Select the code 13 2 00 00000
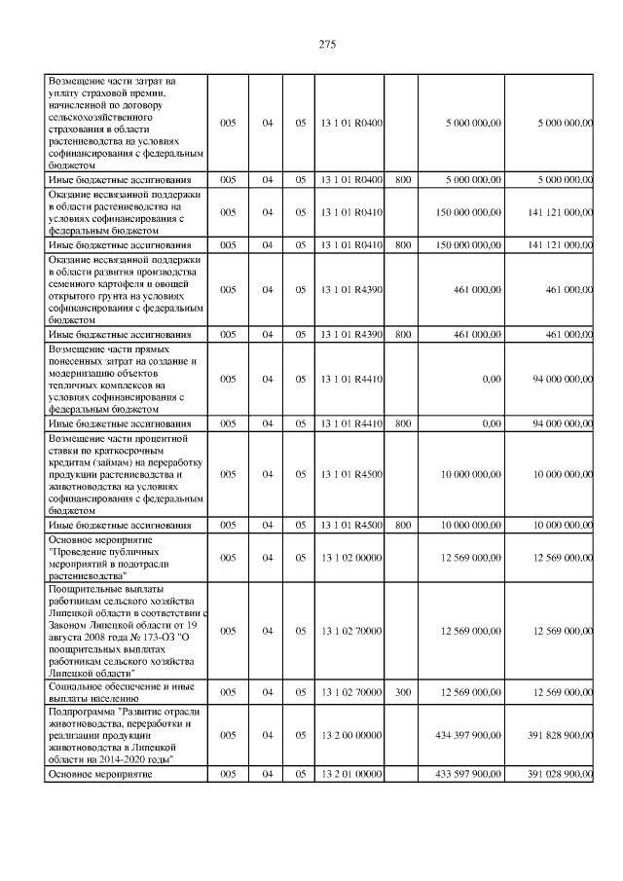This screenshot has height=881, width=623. (350, 735)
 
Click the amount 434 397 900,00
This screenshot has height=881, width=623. (469, 735)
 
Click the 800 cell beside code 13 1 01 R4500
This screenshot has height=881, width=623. (403, 525)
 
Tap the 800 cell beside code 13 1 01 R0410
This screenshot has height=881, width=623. (403, 245)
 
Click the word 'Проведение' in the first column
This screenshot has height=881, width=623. (83, 550)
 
